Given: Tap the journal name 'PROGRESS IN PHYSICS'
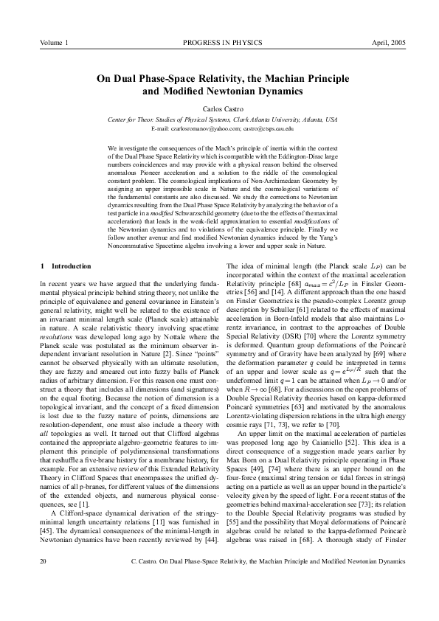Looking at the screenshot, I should click(219, 44).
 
